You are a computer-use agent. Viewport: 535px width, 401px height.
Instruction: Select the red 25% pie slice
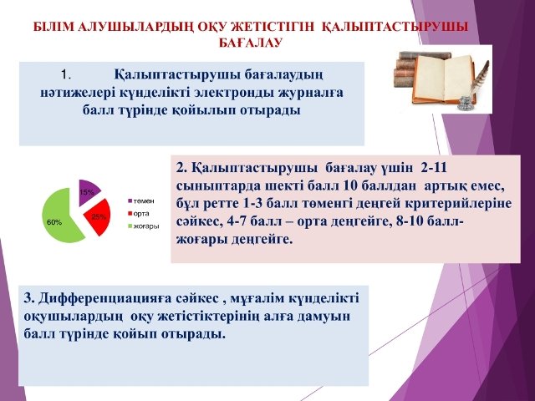pyautogui.click(x=99, y=217)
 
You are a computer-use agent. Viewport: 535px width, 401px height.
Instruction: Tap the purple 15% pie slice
pyautogui.click(x=87, y=191)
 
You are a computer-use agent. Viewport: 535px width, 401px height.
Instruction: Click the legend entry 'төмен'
pyautogui.click(x=141, y=201)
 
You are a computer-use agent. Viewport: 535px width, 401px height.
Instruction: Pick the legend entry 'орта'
pyautogui.click(x=139, y=214)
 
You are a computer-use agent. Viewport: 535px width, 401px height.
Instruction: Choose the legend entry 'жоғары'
pyautogui.click(x=144, y=226)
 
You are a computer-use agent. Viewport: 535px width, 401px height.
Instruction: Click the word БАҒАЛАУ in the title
pyautogui.click(x=250, y=43)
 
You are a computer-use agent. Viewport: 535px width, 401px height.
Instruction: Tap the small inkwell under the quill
pyautogui.click(x=466, y=103)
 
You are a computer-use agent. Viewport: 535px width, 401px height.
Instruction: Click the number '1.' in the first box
pyautogui.click(x=65, y=75)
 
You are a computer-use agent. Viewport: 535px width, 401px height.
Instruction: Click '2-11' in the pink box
pyautogui.click(x=434, y=168)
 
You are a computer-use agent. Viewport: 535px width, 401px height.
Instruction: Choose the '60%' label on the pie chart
pyautogui.click(x=54, y=223)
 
